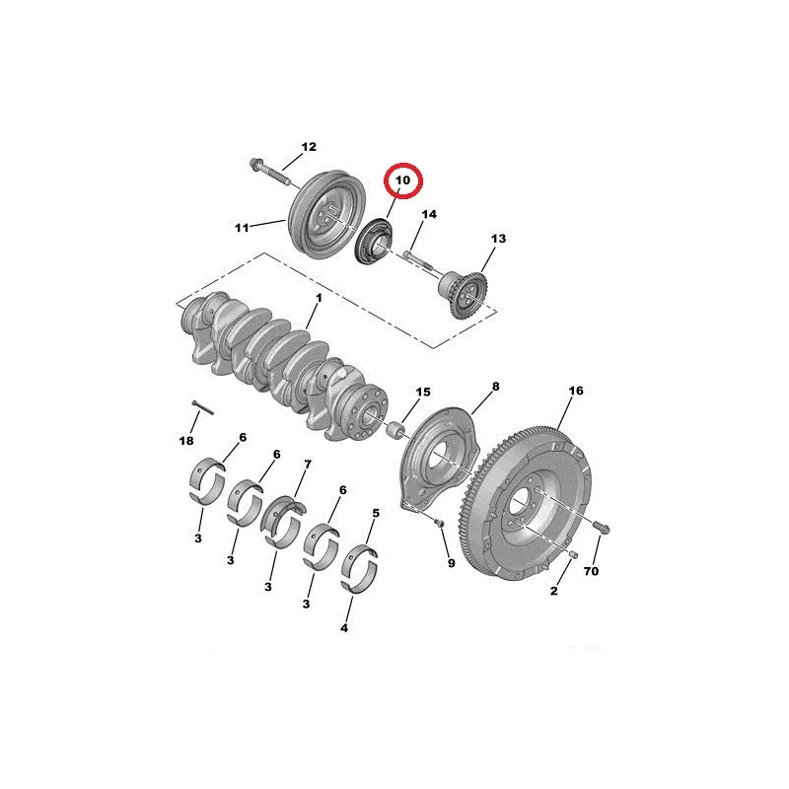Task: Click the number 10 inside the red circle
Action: point(402,180)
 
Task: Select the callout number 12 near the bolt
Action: point(309,146)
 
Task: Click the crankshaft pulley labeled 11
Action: point(327,214)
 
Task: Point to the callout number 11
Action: point(242,228)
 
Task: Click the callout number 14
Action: point(429,214)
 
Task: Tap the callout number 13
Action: point(498,238)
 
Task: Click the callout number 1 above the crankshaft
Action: point(319,298)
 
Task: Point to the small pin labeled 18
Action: point(203,407)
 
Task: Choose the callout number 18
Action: point(186,441)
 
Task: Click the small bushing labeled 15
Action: point(395,430)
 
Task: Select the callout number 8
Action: point(496,387)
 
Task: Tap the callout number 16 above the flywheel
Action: point(576,391)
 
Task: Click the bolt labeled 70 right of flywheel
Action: point(602,528)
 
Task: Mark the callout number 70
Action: point(591,571)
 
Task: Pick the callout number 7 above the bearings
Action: point(308,464)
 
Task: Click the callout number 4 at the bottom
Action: point(344,628)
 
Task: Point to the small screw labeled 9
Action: point(438,524)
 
